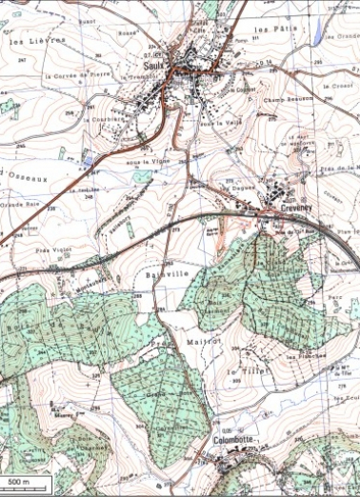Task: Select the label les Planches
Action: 306,358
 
